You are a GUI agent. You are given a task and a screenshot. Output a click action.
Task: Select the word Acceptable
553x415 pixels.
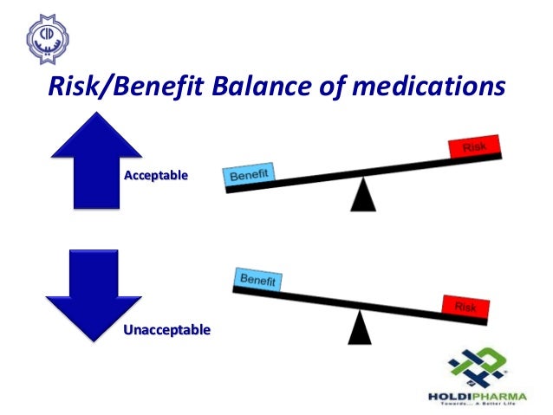click(157, 176)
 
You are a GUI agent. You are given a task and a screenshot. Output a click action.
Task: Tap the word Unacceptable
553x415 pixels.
click(166, 330)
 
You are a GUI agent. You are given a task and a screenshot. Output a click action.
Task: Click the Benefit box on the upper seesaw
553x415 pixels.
click(250, 176)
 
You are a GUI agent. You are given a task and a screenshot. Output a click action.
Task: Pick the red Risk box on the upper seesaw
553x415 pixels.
click(474, 148)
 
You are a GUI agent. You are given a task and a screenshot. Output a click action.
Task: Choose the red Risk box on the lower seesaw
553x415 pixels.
click(465, 307)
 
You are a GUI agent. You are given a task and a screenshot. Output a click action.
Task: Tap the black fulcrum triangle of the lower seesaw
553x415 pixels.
click(359, 328)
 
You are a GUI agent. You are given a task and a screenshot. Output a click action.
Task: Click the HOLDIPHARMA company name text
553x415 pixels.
click(480, 397)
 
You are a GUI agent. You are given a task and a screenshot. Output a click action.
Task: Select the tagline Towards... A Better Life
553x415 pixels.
click(479, 405)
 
